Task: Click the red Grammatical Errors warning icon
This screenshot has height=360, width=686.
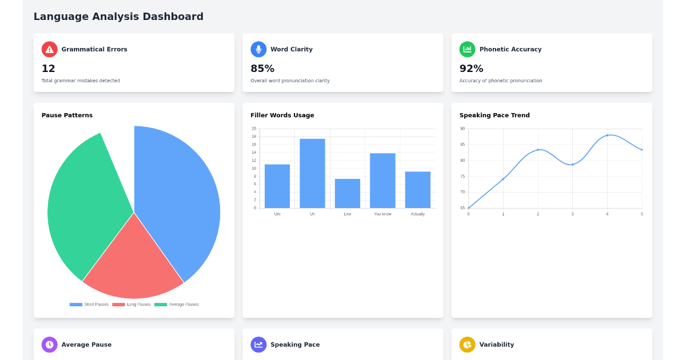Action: pos(50,49)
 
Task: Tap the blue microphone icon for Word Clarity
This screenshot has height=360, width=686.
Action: pos(258,49)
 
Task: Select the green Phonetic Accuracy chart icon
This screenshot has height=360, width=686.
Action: pos(467,49)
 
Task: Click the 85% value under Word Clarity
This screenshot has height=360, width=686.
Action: pos(262,69)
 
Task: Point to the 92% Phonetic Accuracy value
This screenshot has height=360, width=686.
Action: pos(471,69)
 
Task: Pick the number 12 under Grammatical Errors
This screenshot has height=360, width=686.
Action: pos(49,69)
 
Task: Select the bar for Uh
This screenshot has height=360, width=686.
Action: pos(312,173)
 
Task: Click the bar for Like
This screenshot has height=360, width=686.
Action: pos(348,193)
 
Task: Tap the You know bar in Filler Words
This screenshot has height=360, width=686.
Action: pos(382,181)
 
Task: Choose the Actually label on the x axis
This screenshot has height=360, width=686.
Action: pos(418,214)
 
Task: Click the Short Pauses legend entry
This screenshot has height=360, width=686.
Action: pos(89,305)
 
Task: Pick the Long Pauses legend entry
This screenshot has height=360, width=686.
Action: pos(132,305)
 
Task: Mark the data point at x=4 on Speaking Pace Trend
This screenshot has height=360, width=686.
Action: pos(607,135)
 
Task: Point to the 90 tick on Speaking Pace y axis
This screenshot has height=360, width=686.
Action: pos(462,129)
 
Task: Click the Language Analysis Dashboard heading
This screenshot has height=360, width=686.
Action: pos(118,17)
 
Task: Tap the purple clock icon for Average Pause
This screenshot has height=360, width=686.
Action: pos(50,345)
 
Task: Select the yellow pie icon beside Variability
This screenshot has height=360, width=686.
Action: pos(467,345)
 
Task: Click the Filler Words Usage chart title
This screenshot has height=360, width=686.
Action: pos(282,115)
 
